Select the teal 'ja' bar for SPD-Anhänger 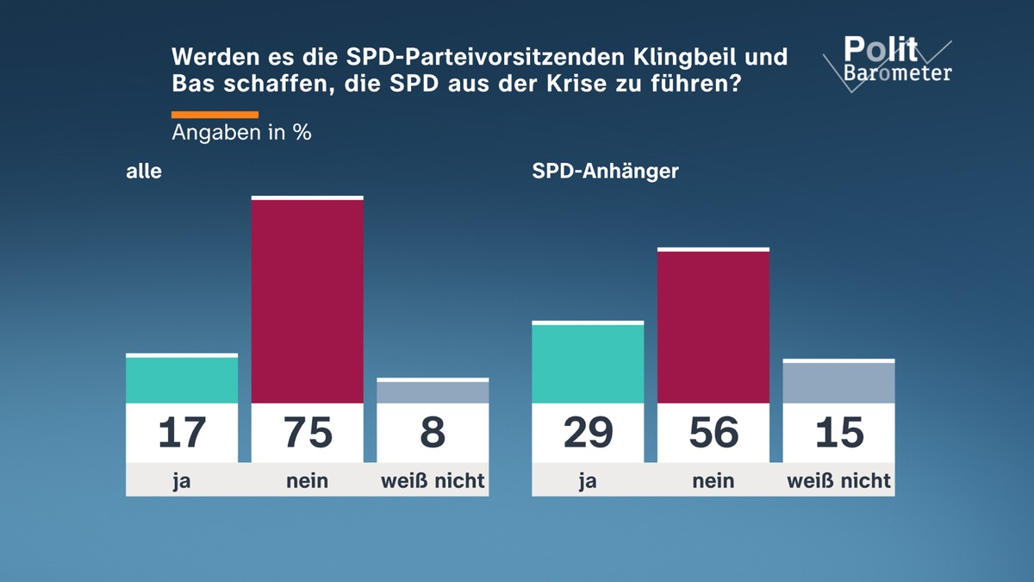point(588,363)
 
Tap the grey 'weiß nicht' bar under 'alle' point(433,391)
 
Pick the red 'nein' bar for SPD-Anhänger point(713,327)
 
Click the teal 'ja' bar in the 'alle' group point(182,379)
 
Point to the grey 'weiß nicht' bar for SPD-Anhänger point(838,382)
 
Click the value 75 point(307,432)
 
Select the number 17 point(182,432)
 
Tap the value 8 point(433,432)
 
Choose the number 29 point(588,432)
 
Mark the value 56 point(713,432)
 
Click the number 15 point(838,432)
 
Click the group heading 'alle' point(144,171)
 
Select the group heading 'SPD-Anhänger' point(605,171)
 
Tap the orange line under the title point(215,114)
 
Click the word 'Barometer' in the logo point(898,73)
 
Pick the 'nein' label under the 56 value point(713,480)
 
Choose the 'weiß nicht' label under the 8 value point(433,480)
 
